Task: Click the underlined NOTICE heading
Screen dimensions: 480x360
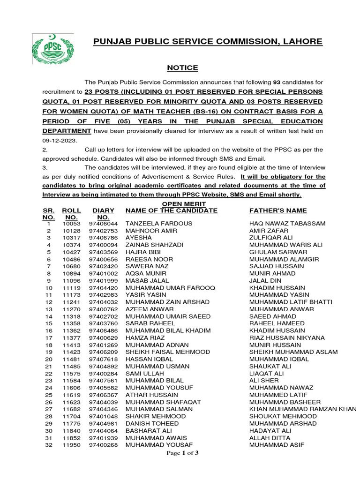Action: click(x=183, y=68)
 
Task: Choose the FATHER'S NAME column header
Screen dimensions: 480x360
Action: click(x=278, y=210)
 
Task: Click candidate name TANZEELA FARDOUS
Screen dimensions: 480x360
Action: click(x=159, y=224)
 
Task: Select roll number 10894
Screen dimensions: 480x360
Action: click(x=72, y=273)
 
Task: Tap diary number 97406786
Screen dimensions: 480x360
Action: click(x=104, y=238)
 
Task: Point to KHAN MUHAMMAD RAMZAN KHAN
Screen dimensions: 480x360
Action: click(x=303, y=409)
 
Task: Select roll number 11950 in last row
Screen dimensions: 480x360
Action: click(x=72, y=445)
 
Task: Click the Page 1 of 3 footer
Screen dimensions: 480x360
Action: click(x=183, y=453)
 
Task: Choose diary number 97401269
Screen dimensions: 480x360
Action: click(x=104, y=345)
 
